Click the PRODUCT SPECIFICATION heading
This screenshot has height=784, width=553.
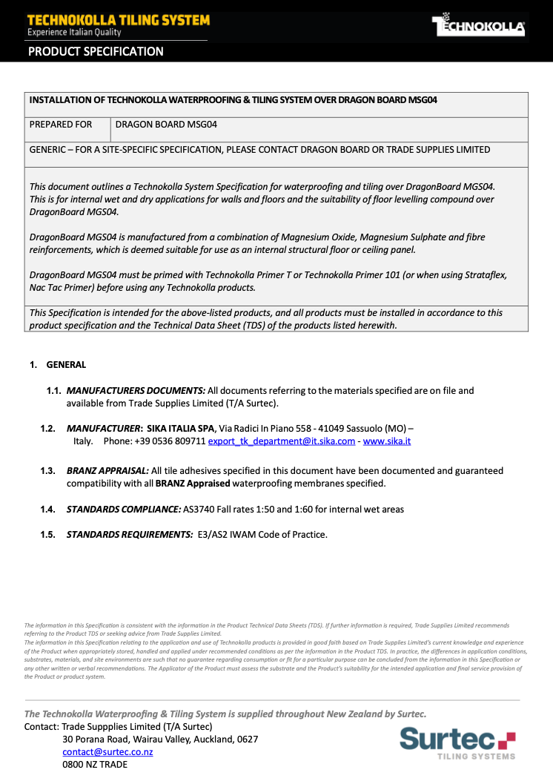coord(96,52)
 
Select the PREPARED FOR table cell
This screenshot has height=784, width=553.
coord(61,125)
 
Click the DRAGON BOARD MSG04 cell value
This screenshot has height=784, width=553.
coord(166,125)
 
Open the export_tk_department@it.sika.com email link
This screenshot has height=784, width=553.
coord(282,441)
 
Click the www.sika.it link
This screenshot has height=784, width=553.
coord(387,441)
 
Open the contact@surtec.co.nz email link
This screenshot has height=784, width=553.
coord(107,751)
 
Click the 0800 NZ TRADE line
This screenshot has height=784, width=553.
coord(95,764)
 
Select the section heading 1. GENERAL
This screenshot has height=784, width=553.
coord(58,364)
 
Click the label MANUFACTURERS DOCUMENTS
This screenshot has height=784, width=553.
coord(136,390)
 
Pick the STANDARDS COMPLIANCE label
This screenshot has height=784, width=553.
coord(124,509)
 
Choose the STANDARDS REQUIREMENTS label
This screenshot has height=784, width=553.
coord(130,534)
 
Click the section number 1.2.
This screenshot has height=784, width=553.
coord(48,428)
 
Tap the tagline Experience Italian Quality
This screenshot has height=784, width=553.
coord(74,32)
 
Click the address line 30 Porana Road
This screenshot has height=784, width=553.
coord(160,739)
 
